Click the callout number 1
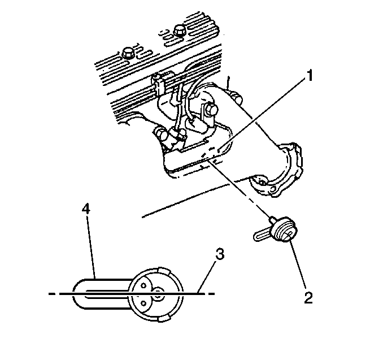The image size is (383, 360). [x=310, y=76]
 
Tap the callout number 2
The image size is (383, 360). [x=308, y=297]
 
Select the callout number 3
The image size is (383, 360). [x=220, y=254]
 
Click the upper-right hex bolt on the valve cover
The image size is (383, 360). [x=180, y=31]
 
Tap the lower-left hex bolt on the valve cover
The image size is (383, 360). [x=127, y=53]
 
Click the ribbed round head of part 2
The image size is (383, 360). [x=285, y=229]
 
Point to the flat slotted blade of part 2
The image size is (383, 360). [x=262, y=235]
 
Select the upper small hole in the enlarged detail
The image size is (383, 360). [x=143, y=285]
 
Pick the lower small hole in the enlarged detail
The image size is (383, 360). [x=143, y=303]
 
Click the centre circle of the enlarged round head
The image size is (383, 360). [x=159, y=293]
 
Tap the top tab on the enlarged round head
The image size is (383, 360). [x=164, y=271]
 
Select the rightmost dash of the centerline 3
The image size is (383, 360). [x=211, y=293]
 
